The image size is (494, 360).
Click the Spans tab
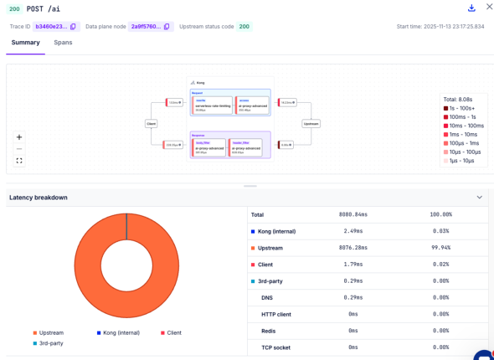[x=63, y=42]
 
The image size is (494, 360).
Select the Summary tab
[x=25, y=42]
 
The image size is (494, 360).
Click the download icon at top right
[x=471, y=8]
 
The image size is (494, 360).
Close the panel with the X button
[x=489, y=8]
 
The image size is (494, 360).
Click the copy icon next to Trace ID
[x=74, y=27]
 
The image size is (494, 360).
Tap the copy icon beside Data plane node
[x=167, y=27]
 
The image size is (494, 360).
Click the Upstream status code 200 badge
[x=244, y=27]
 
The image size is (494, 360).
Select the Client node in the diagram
[x=152, y=123]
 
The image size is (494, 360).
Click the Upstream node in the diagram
[x=311, y=123]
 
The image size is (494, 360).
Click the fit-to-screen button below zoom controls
[x=19, y=161]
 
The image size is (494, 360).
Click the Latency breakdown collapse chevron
[x=480, y=198]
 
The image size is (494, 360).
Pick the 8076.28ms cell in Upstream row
[x=356, y=247]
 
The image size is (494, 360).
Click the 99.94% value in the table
[x=440, y=247]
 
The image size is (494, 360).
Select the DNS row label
[x=266, y=297]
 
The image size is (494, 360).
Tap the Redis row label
[x=268, y=330]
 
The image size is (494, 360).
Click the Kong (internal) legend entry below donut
[x=117, y=333]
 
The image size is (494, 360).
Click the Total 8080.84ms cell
[x=356, y=215]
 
